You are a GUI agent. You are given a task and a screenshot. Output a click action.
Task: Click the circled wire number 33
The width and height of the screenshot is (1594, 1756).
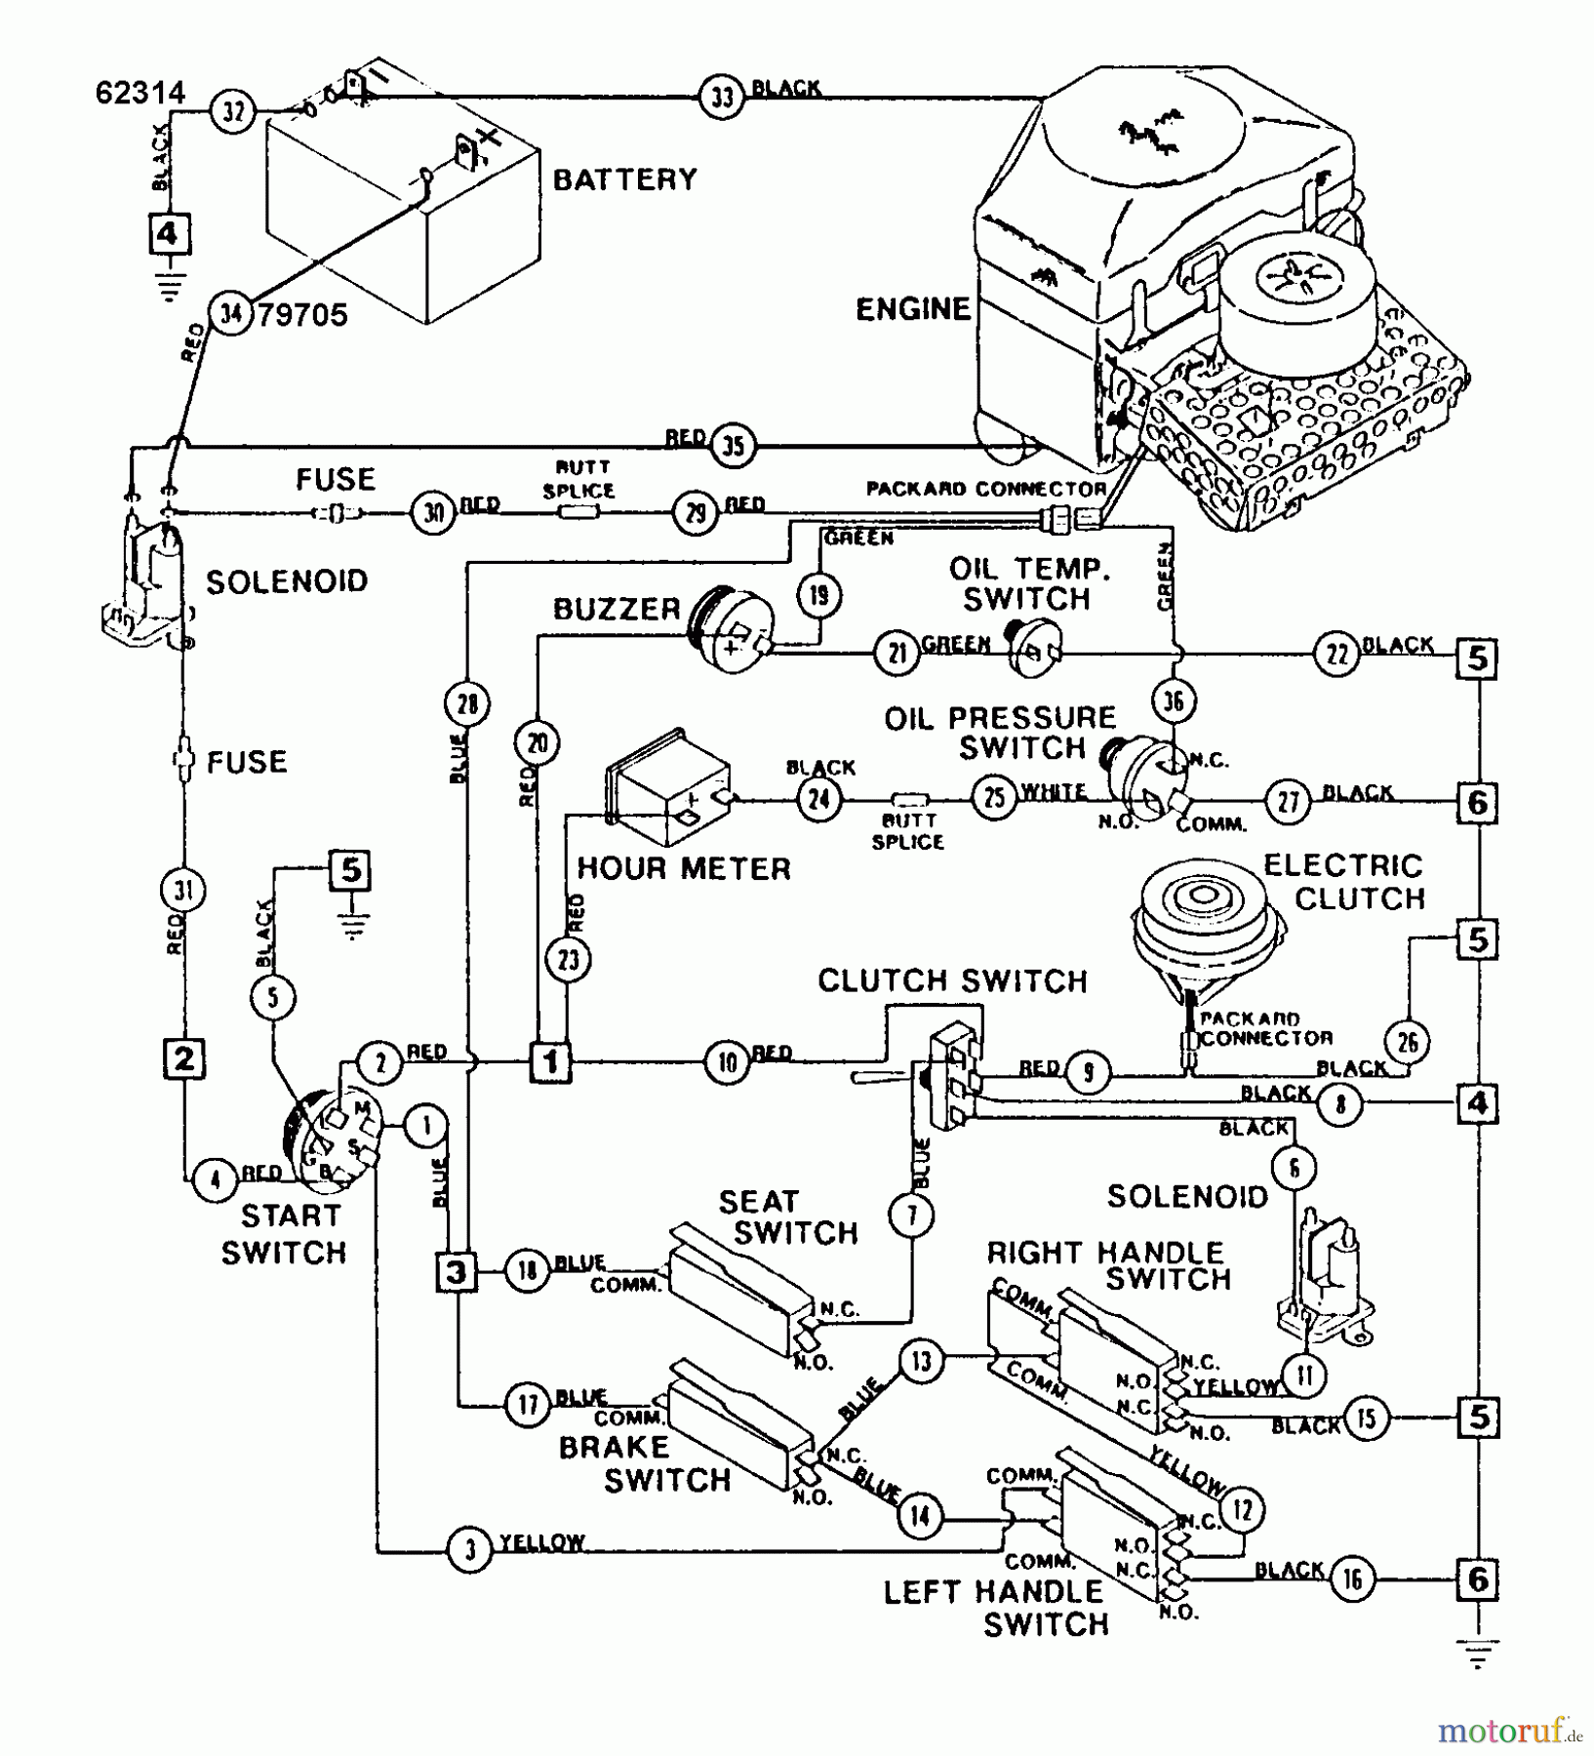722,98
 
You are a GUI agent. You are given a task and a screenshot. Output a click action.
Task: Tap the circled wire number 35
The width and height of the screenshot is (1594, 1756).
733,446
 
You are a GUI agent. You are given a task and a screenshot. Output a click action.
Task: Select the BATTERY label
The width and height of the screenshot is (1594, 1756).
625,180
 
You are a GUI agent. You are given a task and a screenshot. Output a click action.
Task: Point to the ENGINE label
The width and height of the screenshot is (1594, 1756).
913,309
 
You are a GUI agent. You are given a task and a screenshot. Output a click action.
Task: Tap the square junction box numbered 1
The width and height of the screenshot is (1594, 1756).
551,1060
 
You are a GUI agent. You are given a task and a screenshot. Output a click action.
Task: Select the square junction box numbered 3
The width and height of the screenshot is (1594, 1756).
457,1272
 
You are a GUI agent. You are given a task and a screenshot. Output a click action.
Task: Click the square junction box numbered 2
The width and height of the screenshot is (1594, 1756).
184,1059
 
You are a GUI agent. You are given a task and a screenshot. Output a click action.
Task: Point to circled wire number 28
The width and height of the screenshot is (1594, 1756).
467,703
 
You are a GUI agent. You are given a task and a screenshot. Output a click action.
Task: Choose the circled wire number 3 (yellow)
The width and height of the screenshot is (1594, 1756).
471,1550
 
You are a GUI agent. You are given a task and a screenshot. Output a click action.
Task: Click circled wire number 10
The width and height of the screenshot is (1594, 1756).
728,1061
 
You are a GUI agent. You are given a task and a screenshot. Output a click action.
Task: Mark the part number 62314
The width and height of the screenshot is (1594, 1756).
140,93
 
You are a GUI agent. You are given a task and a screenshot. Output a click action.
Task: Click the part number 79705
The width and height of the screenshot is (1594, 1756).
302,315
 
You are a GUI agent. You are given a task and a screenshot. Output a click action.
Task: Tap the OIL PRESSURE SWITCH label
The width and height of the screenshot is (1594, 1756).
1000,733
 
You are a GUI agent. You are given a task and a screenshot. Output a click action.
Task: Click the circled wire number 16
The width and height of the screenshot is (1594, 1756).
1352,1578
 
